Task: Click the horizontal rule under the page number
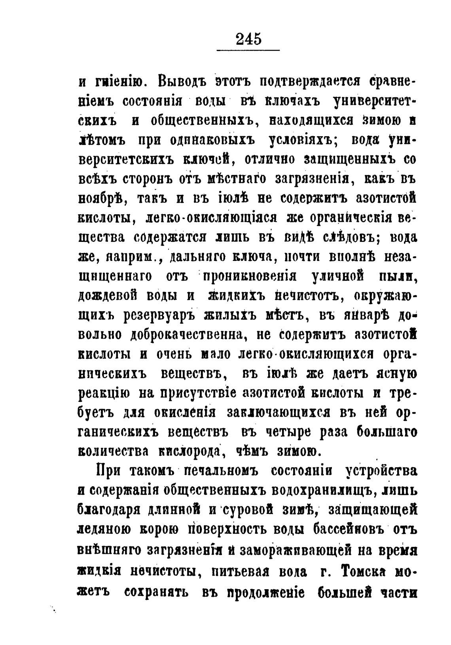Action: point(248,50)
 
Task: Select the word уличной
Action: point(337,277)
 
